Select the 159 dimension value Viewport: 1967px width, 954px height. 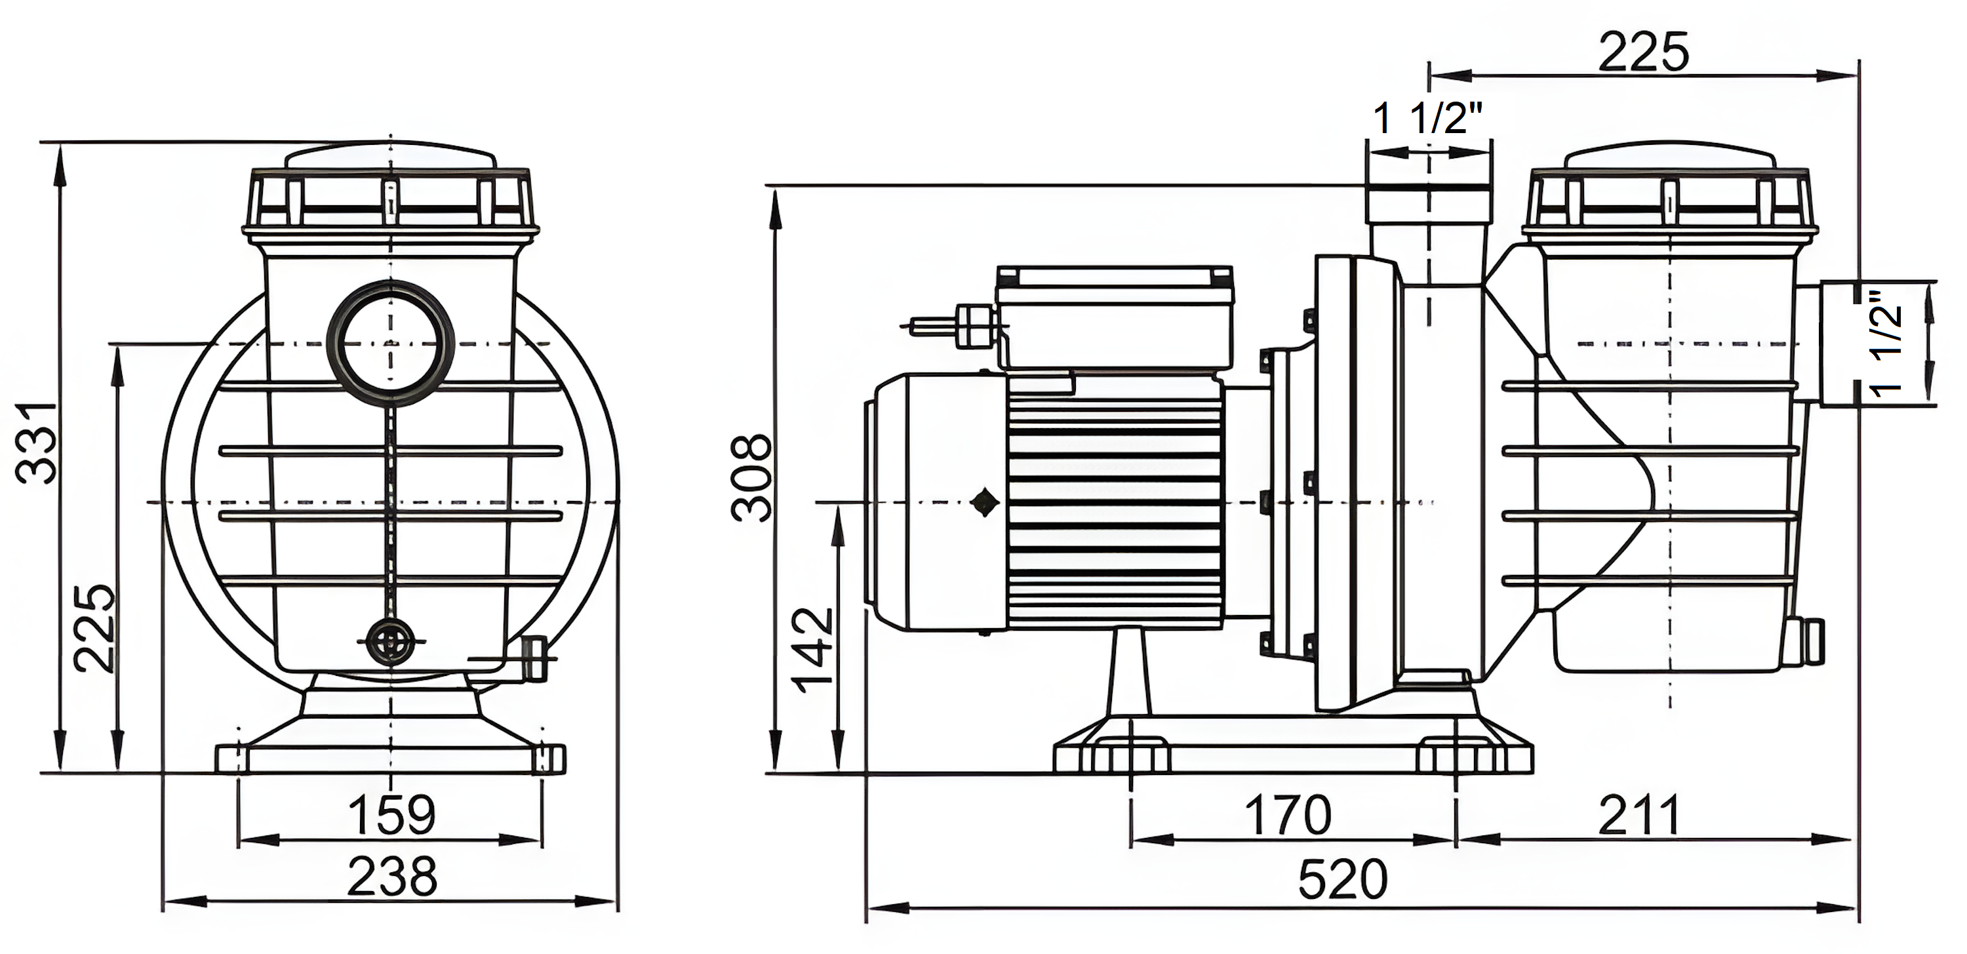[x=391, y=814]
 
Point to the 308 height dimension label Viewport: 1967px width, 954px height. [x=751, y=477]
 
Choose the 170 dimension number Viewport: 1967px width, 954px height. [x=1288, y=815]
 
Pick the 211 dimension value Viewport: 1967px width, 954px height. [x=1639, y=815]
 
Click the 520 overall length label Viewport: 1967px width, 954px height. [x=1342, y=879]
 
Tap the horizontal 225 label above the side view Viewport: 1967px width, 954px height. [x=1643, y=52]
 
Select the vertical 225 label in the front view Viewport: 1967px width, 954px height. [x=96, y=628]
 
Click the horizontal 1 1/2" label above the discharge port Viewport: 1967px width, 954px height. [x=1428, y=119]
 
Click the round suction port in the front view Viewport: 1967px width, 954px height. [x=390, y=343]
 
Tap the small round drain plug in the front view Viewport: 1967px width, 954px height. [x=390, y=643]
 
